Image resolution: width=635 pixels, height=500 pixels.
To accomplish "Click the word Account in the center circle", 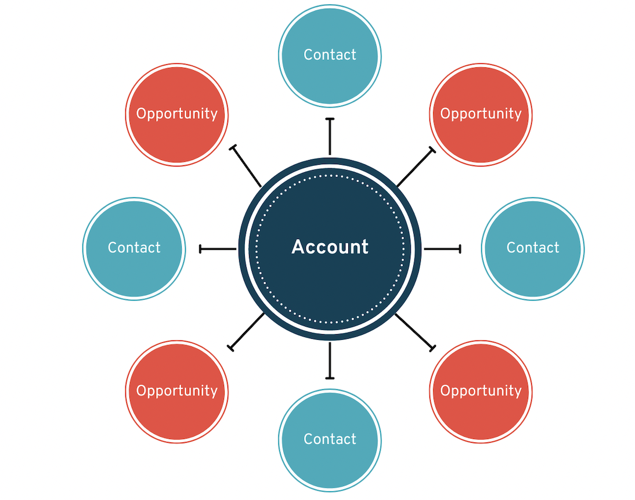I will click(330, 247).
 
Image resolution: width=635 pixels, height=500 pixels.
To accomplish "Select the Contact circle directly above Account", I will click(330, 55).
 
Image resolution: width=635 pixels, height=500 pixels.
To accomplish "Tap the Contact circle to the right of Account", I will click(532, 248).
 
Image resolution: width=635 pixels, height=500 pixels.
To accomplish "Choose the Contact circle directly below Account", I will click(330, 440).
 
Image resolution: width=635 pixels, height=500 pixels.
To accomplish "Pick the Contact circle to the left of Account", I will click(134, 248).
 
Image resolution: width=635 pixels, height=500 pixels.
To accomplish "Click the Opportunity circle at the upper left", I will click(176, 114).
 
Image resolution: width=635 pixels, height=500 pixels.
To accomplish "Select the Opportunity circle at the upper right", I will click(481, 114).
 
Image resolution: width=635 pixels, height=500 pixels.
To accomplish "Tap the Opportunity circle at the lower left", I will click(176, 391).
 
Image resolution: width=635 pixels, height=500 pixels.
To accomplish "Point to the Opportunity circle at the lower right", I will click(481, 391).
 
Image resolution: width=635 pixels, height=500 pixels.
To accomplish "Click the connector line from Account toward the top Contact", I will click(330, 138).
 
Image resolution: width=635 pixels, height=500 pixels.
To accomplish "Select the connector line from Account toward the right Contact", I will click(442, 249).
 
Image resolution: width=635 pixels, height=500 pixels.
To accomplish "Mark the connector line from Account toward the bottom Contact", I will click(330, 360).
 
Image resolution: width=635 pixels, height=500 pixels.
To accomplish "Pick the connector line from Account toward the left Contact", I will click(218, 249).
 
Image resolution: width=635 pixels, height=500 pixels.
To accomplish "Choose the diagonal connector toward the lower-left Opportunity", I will click(248, 331).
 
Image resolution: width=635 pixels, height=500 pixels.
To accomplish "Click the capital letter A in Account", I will click(298, 247).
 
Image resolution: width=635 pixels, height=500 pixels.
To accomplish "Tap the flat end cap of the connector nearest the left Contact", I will click(200, 249).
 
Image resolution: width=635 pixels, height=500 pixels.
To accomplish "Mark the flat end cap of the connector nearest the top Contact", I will click(330, 119).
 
